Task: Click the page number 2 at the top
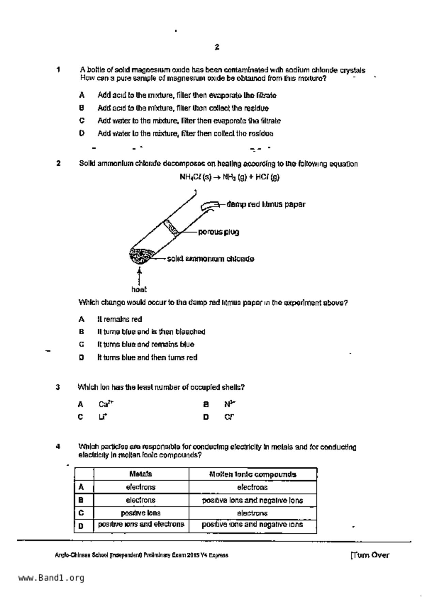pyautogui.click(x=217, y=47)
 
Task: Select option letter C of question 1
pyautogui.click(x=82, y=121)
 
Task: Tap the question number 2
pyautogui.click(x=59, y=163)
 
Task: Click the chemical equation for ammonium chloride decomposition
pyautogui.click(x=229, y=177)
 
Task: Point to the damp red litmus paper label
pyautogui.click(x=266, y=205)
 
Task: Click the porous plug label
pyautogui.click(x=219, y=232)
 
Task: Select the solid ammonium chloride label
pyautogui.click(x=210, y=259)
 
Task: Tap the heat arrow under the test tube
pyautogui.click(x=139, y=276)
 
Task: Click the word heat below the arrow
pyautogui.click(x=139, y=290)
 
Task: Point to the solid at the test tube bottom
pyautogui.click(x=141, y=257)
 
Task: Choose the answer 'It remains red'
pyautogui.click(x=120, y=319)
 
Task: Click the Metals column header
pyautogui.click(x=141, y=474)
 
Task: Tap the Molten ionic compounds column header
pyautogui.click(x=252, y=474)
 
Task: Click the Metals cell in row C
pyautogui.click(x=141, y=513)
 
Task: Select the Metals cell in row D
pyautogui.click(x=141, y=525)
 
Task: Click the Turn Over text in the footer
pyautogui.click(x=370, y=555)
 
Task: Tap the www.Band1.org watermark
pyautogui.click(x=51, y=578)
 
